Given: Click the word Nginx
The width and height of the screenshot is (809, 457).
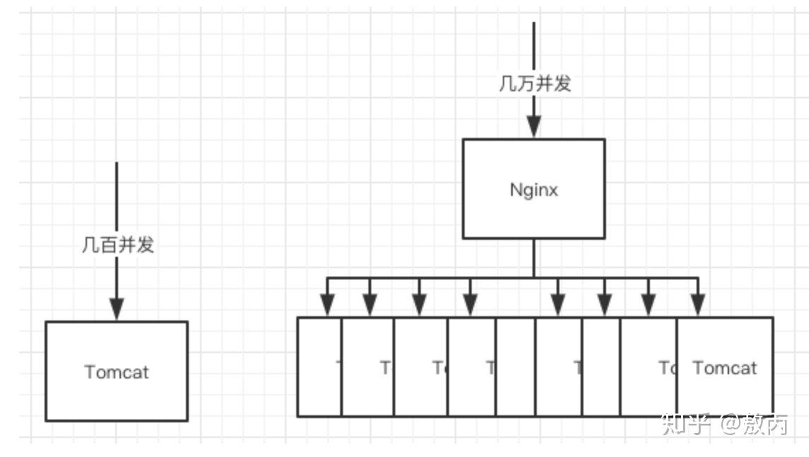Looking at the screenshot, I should click(534, 190).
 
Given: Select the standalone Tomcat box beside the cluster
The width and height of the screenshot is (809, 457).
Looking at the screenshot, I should click(117, 396).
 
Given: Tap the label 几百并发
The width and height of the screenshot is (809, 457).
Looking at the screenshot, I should click(117, 245).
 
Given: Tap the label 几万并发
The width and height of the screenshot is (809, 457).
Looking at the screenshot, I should click(535, 83).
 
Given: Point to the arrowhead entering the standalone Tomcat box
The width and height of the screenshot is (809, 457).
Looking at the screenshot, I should click(117, 308).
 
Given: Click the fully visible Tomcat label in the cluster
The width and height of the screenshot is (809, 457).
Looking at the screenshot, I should click(724, 368).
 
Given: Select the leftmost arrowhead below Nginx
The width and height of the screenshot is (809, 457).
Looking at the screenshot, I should click(327, 304).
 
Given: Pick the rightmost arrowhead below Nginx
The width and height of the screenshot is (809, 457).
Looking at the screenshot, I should click(698, 304).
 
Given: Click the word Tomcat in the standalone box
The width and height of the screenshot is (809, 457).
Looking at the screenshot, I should click(117, 371).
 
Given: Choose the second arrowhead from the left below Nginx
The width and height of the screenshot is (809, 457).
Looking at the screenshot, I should click(370, 304).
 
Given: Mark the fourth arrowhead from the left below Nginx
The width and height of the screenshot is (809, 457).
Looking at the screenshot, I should click(470, 304).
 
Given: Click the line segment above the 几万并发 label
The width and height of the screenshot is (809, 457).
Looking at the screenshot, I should click(534, 46).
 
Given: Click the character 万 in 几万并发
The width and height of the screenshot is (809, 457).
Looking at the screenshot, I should click(525, 83).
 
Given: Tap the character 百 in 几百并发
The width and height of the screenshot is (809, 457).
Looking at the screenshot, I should click(108, 245).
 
